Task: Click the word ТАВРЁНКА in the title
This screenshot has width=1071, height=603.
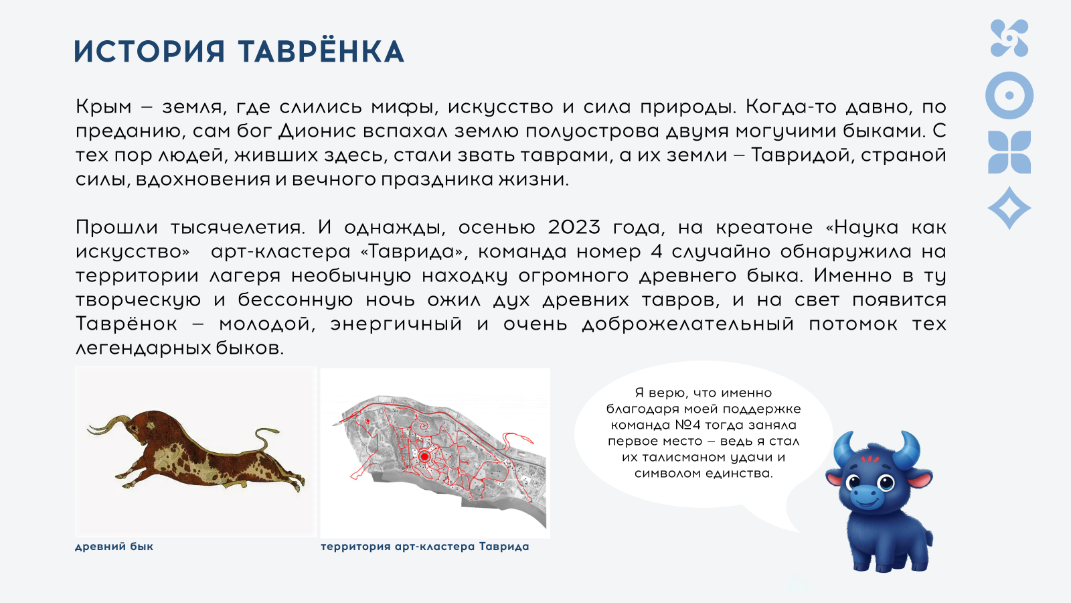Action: pos(321,52)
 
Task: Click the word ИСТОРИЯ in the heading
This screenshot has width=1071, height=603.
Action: pos(149,52)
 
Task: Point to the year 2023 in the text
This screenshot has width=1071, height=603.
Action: pos(574,227)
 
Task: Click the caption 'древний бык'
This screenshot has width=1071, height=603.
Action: pos(114,546)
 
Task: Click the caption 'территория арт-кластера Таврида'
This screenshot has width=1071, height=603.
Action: pos(424,546)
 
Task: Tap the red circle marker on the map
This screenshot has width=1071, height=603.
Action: pos(424,456)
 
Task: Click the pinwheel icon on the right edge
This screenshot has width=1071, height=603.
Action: pos(1009,38)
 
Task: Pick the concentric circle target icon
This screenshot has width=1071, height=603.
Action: pos(1009,96)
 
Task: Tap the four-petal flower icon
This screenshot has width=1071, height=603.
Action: pos(1009,152)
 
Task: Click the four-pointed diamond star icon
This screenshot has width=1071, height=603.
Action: pos(1009,208)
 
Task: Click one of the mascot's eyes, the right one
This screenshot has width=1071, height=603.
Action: pos(886,482)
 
